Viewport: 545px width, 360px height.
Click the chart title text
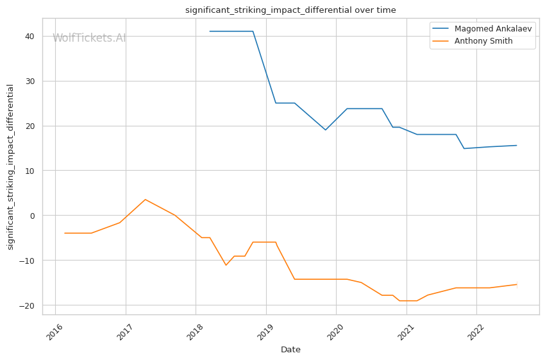tap(290, 10)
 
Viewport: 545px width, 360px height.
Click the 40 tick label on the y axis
tap(29, 37)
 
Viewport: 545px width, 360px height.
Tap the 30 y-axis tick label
tap(29, 81)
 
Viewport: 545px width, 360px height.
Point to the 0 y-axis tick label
tap(32, 216)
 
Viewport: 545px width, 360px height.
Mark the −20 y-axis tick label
tap(27, 305)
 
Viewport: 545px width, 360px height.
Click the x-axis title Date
tap(290, 350)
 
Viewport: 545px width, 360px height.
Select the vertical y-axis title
tap(10, 167)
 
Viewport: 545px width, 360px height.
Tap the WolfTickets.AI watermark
tap(89, 38)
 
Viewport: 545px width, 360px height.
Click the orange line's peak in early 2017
tap(145, 200)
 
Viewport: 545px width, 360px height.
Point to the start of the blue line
tap(210, 31)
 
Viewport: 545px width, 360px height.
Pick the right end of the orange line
tap(517, 284)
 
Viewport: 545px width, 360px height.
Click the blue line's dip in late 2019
tap(325, 130)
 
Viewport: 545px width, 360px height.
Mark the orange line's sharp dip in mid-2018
tap(226, 265)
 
